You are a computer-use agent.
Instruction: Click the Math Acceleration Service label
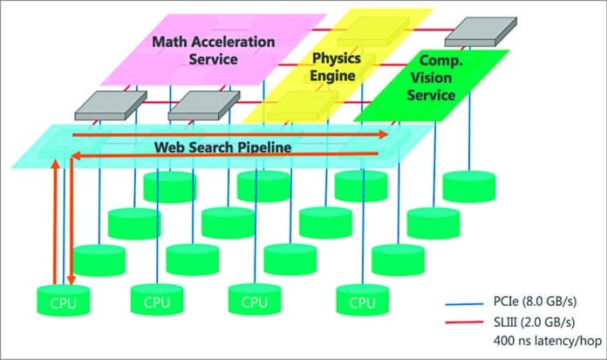click(x=214, y=51)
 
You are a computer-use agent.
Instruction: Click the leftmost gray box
click(x=105, y=104)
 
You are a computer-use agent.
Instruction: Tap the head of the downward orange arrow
click(x=71, y=275)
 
